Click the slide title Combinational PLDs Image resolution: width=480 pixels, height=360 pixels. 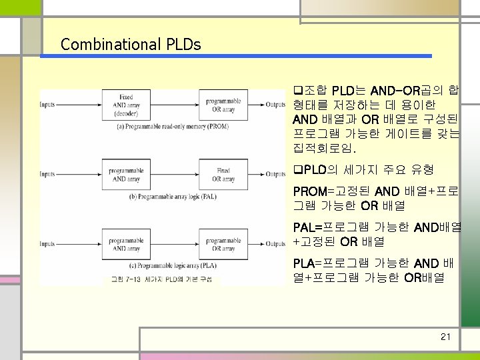click(131, 45)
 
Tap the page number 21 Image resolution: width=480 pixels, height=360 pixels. click(446, 337)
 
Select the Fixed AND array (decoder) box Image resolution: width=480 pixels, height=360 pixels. click(126, 105)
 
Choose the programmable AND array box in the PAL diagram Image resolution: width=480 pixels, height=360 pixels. click(126, 174)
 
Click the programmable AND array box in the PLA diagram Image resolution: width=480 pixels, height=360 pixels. click(126, 244)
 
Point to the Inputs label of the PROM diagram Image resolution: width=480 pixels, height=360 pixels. click(47, 105)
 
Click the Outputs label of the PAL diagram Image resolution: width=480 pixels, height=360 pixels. click(275, 175)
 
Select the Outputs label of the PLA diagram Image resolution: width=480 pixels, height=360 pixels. click(275, 245)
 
